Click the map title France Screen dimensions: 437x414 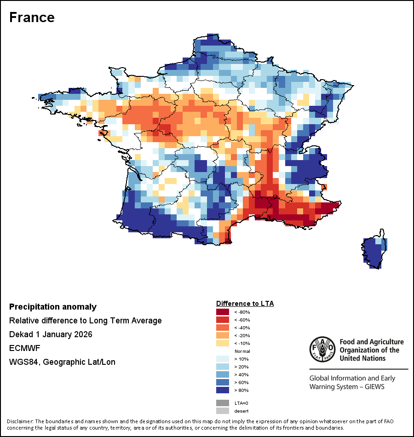32,17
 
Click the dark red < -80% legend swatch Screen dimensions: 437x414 223,312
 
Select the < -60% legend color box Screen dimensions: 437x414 223,320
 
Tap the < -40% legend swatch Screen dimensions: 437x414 223,328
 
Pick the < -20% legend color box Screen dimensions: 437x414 223,335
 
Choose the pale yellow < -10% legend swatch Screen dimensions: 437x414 223,343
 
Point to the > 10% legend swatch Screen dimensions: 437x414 223,359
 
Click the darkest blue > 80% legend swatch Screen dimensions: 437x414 223,390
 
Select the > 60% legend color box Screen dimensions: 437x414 223,382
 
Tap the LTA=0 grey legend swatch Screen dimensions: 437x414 223,403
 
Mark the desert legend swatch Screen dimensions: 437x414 223,411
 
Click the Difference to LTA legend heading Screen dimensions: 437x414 245,304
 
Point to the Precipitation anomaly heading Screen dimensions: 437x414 53,307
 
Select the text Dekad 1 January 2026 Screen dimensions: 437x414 51,334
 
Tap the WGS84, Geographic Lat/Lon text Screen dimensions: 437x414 62,362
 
